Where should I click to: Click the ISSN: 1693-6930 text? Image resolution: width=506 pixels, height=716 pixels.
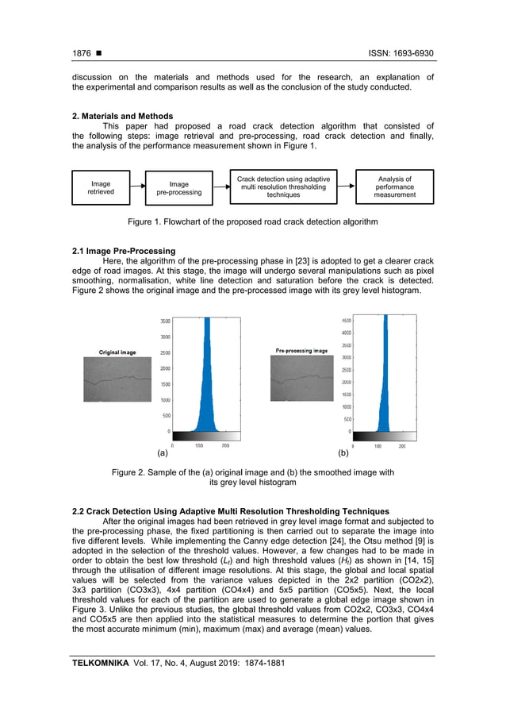point(401,53)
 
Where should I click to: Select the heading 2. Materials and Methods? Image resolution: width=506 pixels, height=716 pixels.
point(122,117)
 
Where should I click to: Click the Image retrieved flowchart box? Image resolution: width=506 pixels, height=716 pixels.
point(101,187)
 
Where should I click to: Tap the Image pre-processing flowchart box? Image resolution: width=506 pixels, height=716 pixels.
point(178,187)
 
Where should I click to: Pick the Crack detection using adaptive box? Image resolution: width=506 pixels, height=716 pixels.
point(283,187)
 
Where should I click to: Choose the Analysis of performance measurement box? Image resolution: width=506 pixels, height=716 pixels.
point(394,187)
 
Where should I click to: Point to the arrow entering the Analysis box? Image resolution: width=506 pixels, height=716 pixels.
point(346,187)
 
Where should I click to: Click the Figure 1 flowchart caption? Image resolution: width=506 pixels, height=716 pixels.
point(252,221)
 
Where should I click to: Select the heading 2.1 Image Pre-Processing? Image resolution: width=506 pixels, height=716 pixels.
point(123,252)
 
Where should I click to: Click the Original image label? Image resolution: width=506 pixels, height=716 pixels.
point(117,352)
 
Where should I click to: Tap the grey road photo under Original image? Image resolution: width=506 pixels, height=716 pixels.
point(117,379)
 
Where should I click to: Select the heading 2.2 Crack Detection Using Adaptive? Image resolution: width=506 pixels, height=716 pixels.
point(230,510)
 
